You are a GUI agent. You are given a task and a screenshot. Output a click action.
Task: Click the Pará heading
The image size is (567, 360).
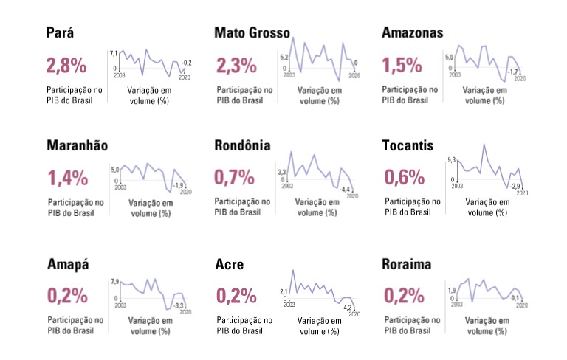coord(61,34)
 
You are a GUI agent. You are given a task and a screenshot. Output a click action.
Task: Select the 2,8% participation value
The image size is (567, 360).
coord(66,66)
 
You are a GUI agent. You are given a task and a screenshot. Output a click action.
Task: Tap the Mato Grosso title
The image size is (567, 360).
coord(252,33)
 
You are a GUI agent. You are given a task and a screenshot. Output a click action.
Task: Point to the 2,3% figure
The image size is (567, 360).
coord(236,66)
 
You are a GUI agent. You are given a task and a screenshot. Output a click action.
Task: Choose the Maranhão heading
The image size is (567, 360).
coord(78,145)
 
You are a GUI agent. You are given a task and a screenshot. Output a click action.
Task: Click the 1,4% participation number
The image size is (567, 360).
coord(67,178)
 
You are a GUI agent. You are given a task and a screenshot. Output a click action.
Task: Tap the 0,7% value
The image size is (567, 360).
coord(234,178)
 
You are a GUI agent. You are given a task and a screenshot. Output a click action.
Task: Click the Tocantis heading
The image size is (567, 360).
coord(412,145)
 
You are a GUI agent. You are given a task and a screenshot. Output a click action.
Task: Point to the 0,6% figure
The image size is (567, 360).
coord(405,178)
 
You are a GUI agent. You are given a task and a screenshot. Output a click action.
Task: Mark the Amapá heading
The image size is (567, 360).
coord(68,265)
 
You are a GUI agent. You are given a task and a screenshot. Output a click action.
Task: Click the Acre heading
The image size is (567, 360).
coord(229,265)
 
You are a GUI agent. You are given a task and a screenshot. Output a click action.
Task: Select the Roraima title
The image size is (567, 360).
coord(408,265)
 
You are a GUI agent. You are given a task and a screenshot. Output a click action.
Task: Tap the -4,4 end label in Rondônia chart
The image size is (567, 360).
coord(346,190)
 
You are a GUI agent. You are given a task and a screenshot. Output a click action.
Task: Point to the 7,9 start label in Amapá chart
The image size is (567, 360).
coord(114,282)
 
